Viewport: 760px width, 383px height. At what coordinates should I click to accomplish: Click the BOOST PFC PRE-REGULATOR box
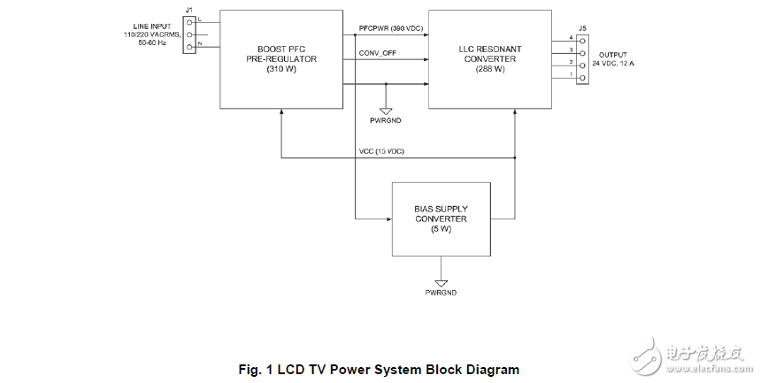280,58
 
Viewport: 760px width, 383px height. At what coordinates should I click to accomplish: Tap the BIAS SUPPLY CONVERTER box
440,218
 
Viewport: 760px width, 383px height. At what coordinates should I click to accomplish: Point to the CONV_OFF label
378,53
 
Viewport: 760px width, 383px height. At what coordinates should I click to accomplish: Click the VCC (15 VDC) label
381,151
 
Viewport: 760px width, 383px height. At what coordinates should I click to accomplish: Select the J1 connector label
188,11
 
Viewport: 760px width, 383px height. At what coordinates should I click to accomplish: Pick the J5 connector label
581,28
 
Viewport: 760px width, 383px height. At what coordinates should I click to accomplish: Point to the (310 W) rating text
280,70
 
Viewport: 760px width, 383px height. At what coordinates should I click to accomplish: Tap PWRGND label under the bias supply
440,291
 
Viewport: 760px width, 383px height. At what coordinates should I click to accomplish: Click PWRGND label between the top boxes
387,119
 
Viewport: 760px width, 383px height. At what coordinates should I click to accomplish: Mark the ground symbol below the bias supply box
440,276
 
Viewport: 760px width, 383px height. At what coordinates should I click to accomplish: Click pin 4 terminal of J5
581,41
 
